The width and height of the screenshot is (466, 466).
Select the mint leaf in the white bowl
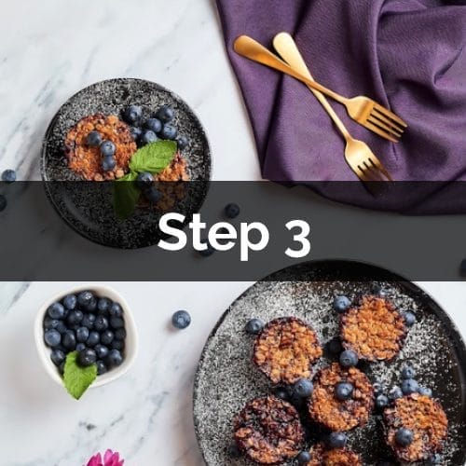click(79, 376)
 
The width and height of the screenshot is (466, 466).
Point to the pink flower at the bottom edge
click(104, 458)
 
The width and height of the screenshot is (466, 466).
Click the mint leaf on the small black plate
click(153, 157)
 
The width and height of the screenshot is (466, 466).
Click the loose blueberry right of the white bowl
click(182, 319)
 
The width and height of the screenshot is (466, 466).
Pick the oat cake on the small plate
click(100, 146)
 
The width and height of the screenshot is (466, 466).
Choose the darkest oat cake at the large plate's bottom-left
click(269, 428)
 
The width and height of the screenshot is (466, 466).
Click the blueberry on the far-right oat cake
click(404, 436)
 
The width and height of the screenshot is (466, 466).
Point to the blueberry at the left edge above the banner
click(8, 175)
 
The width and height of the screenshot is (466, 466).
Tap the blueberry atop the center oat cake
click(344, 391)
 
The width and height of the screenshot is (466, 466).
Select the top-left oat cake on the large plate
click(287, 350)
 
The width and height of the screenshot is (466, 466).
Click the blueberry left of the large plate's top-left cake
click(254, 326)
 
